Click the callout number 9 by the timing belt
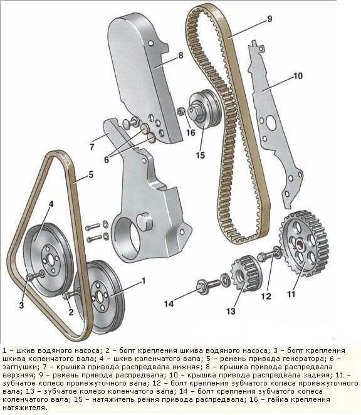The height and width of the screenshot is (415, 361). point(269,19)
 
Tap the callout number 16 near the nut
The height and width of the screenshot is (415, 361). point(191,132)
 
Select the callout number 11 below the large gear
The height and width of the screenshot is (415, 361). point(291,294)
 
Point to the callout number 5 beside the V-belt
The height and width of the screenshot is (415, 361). point(91,175)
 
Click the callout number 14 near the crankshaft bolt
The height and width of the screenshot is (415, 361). point(169,303)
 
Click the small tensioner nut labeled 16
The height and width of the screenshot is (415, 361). point(180,112)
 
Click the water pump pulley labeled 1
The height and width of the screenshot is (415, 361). point(100,297)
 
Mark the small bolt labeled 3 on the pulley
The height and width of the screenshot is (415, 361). point(36,275)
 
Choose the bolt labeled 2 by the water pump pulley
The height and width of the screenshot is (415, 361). point(71,294)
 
